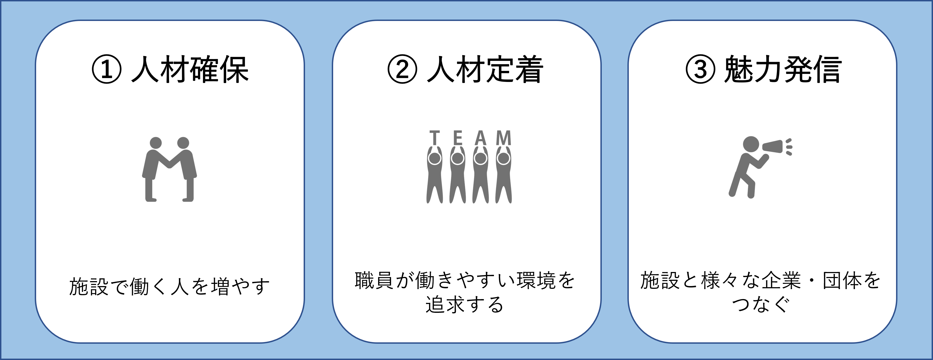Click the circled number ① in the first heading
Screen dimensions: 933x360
[106, 69]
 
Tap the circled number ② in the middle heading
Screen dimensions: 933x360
[402, 69]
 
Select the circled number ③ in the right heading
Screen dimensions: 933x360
[701, 69]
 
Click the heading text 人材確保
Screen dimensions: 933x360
[190, 69]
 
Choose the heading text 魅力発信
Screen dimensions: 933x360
[783, 69]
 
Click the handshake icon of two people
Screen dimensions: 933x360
[169, 169]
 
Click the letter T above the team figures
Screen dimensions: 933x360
[435, 138]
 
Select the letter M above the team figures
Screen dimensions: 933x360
[503, 138]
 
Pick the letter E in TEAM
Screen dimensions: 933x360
[458, 138]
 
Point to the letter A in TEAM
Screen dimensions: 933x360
[480, 138]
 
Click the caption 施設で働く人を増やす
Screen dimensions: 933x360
[169, 286]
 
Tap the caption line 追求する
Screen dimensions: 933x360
[464, 304]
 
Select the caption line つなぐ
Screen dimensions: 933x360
[761, 304]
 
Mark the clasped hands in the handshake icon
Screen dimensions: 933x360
[169, 165]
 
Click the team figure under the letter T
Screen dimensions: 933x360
[435, 177]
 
